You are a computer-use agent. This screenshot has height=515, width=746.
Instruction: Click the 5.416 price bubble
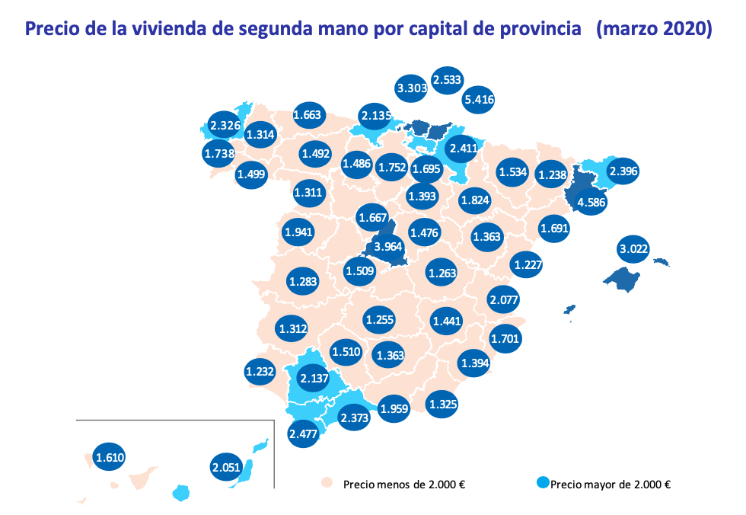[479, 98]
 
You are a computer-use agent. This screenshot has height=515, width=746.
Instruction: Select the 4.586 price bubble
[591, 202]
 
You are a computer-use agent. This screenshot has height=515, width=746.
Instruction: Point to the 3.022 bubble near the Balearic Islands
[634, 248]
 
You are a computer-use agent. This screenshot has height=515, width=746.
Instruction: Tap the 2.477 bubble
[303, 433]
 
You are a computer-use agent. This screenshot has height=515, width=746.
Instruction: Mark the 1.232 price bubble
[260, 372]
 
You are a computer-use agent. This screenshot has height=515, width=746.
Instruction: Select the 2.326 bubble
[225, 124]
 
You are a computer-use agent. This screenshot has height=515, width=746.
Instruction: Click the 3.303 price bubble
[412, 88]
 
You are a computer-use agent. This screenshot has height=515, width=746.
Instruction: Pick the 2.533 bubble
[447, 78]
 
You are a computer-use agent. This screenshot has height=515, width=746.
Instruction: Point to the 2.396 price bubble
[623, 171]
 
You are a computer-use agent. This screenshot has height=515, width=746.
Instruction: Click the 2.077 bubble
[504, 299]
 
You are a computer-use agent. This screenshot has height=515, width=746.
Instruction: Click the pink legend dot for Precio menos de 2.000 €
[327, 483]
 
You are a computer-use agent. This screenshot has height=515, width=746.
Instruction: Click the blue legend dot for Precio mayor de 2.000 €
[542, 483]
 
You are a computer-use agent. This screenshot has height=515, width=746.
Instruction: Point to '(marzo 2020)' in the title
[655, 30]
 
